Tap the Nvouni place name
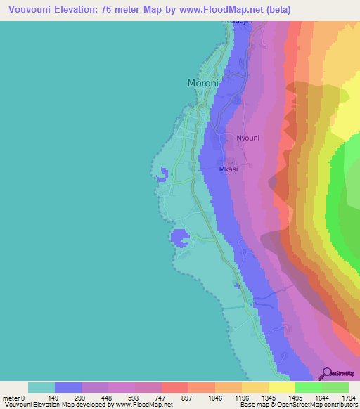click(x=247, y=138)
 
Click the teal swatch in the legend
click(x=41, y=387)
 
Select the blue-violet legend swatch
click(x=68, y=387)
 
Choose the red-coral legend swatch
click(x=174, y=387)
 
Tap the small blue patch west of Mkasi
click(x=164, y=174)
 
